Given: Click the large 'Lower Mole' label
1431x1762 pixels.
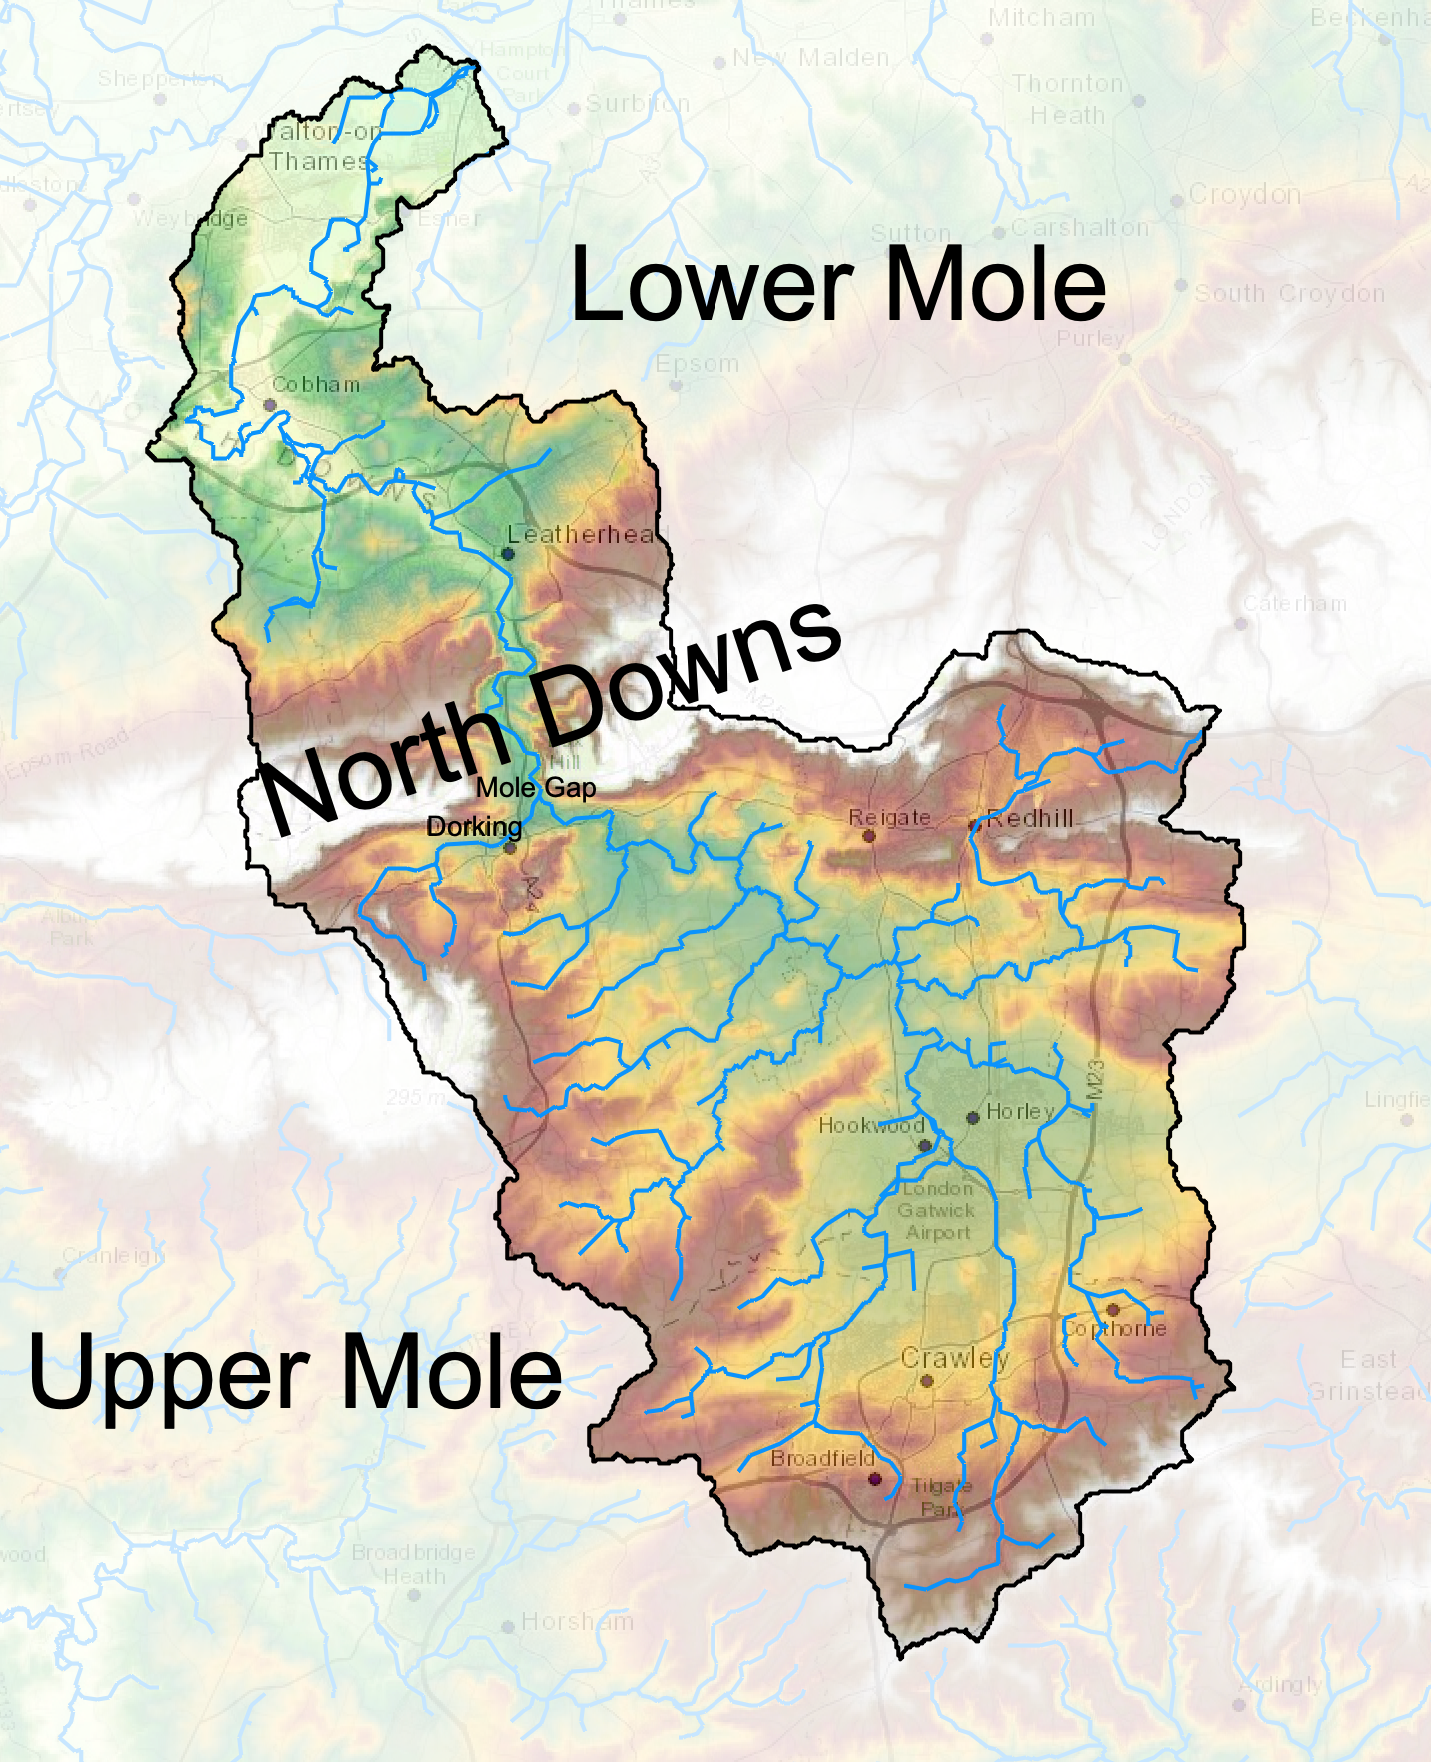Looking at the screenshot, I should (837, 286).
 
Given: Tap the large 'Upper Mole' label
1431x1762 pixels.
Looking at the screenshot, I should (296, 1374).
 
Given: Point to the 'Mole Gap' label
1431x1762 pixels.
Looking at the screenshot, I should (536, 788).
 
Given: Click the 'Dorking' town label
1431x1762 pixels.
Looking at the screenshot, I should (474, 827).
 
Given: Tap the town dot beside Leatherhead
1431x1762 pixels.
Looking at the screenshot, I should (508, 553).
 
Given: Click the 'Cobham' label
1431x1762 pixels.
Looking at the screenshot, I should (316, 384).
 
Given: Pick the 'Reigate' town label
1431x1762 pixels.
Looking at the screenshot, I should (889, 818).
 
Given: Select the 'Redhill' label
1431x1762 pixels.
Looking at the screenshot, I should (1031, 818).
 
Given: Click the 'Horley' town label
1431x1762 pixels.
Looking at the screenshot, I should (1020, 1111).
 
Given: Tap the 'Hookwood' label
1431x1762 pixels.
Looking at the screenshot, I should (871, 1126).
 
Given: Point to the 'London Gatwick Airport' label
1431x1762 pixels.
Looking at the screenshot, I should (937, 1211).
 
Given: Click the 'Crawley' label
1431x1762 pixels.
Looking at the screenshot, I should (955, 1358).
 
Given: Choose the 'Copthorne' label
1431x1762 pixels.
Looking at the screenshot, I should (1114, 1329).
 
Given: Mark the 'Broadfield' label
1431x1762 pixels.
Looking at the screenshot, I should (823, 1459).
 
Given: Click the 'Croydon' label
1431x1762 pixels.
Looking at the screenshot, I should (1245, 194).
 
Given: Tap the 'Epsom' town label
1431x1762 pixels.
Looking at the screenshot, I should (698, 364).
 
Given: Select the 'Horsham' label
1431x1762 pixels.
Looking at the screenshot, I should (578, 1621).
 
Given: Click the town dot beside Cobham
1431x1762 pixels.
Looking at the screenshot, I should (269, 405).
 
